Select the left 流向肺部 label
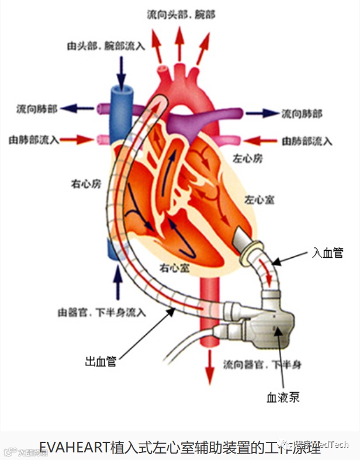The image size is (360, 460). tap(37, 109)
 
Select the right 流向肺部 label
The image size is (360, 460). tap(302, 113)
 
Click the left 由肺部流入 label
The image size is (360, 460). tap(33, 140)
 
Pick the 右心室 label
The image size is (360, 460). tap(174, 268)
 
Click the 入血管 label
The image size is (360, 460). tap(327, 253)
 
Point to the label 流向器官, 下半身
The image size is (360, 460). tap(262, 365)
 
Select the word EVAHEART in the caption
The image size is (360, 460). tap(74, 448)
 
